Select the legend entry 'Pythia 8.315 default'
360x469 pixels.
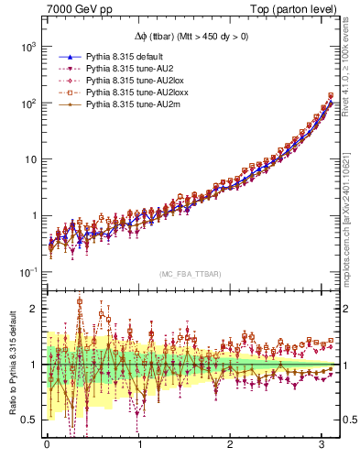point(129,54)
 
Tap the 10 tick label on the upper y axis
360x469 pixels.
point(28,159)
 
